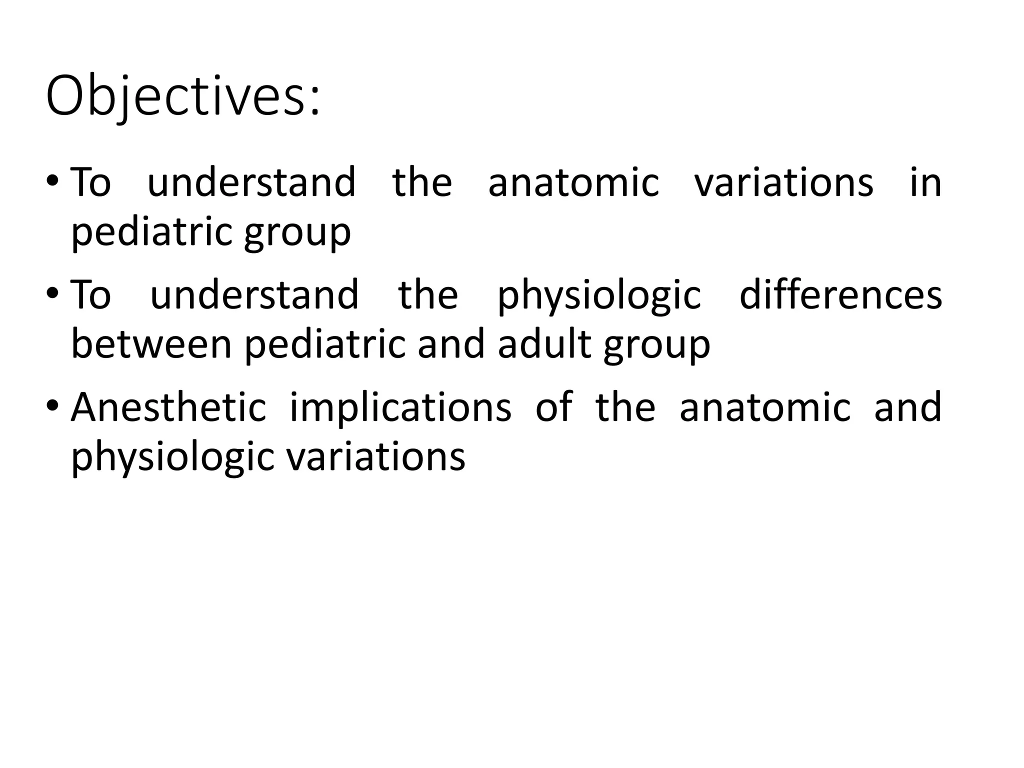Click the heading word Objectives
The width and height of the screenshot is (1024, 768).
(175, 96)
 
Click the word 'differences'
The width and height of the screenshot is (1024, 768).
(840, 294)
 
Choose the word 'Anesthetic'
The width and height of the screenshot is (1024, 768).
(168, 407)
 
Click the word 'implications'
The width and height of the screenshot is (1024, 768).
(400, 407)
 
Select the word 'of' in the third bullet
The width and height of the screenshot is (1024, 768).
(553, 407)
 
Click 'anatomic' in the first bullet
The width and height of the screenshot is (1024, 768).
(573, 182)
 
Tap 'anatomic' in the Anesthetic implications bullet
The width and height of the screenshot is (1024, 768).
(765, 407)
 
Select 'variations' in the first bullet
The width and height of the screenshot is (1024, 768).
(784, 182)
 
